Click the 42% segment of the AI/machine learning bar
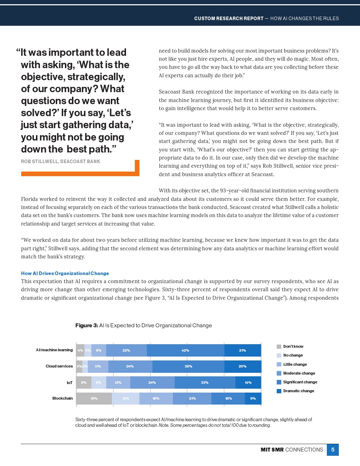(x=185, y=350)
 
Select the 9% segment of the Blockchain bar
(x=253, y=398)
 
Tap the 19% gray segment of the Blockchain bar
(x=94, y=398)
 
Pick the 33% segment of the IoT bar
(x=205, y=382)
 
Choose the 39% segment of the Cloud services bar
(x=188, y=366)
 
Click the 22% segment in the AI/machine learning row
(x=126, y=350)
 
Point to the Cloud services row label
(x=59, y=366)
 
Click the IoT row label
(x=70, y=383)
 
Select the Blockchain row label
(x=62, y=398)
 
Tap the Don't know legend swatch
(x=279, y=347)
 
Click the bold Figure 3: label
(x=86, y=325)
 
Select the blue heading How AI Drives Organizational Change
(x=65, y=273)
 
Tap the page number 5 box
(x=332, y=450)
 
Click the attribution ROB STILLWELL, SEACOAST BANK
(x=60, y=161)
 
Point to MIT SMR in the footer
(x=272, y=450)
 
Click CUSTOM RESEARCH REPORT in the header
(x=229, y=18)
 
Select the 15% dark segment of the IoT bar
(x=248, y=382)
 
